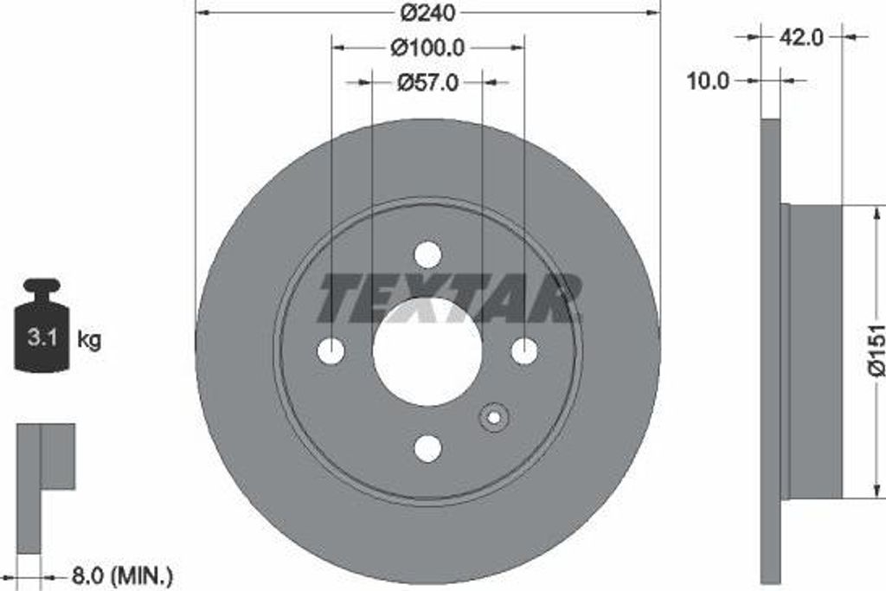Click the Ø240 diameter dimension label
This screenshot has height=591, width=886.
427,14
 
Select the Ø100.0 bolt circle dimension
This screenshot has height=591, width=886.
427,48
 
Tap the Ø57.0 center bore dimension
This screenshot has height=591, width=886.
427,82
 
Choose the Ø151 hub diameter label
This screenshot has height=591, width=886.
876,350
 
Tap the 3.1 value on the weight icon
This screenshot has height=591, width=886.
42,338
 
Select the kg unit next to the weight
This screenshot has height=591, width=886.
89,339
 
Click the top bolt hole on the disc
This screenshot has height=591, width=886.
427,254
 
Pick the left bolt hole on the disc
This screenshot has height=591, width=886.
331,351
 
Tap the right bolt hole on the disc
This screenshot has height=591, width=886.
524,351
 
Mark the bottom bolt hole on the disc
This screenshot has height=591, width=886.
427,448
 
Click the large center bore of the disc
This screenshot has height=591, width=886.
427,351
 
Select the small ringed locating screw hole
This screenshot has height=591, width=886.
494,418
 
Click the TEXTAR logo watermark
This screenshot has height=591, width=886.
450,299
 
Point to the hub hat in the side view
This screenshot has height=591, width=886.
813,351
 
